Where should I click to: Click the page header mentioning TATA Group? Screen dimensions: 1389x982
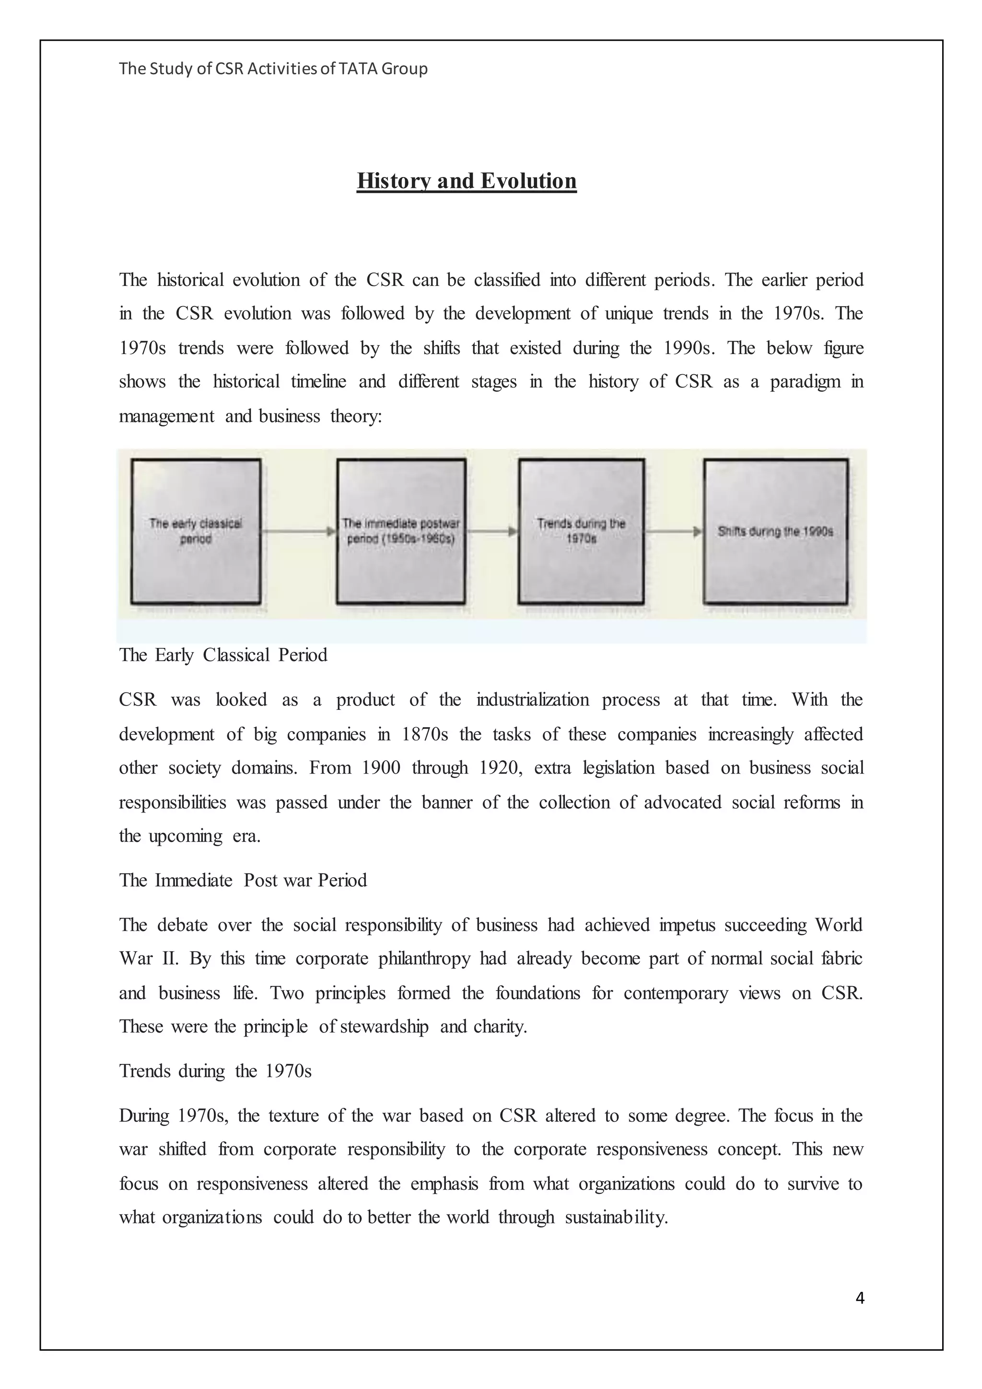coord(273,69)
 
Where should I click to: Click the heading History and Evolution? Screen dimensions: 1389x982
coord(466,181)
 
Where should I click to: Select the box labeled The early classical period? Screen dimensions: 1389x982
coord(196,530)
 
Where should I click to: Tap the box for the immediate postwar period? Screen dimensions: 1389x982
coord(401,530)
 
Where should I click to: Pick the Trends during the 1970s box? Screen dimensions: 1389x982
coord(581,530)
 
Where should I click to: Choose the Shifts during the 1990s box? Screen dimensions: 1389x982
coord(775,530)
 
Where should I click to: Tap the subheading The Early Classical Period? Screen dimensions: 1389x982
coord(223,655)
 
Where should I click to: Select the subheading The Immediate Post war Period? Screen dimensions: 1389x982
coord(243,880)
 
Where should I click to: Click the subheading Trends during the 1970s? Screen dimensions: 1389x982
coord(215,1071)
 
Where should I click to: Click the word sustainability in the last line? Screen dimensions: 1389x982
coord(616,1217)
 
